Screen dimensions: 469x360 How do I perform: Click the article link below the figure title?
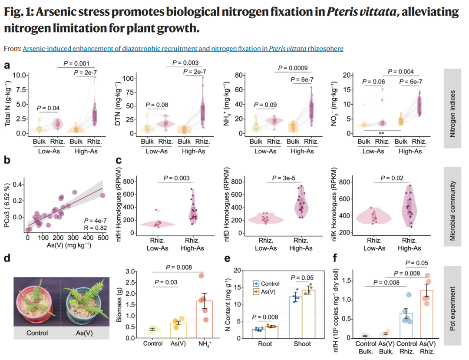click(x=183, y=49)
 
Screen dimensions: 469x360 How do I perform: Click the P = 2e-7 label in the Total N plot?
click(x=85, y=73)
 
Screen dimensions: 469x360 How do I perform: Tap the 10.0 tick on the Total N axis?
click(x=20, y=75)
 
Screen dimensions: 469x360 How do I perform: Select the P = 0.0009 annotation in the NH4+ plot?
click(x=293, y=68)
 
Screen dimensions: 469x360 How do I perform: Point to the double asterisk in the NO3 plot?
click(x=381, y=133)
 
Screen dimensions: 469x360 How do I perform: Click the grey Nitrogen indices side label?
click(x=452, y=108)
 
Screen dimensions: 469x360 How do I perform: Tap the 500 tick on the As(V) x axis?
click(x=103, y=238)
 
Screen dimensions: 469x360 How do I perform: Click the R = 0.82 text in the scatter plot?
click(x=96, y=228)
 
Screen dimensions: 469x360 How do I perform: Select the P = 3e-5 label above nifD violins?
click(x=284, y=178)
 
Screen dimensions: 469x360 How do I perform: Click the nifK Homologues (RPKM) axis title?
click(x=334, y=204)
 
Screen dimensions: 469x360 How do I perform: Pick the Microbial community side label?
click(x=452, y=207)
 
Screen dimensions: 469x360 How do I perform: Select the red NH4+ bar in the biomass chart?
click(x=205, y=319)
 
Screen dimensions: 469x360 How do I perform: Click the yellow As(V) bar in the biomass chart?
click(x=178, y=330)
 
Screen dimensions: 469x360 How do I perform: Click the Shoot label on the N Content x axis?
click(x=302, y=344)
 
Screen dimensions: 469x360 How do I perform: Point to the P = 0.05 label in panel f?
click(x=416, y=263)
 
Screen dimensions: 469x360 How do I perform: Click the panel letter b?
click(x=7, y=160)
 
